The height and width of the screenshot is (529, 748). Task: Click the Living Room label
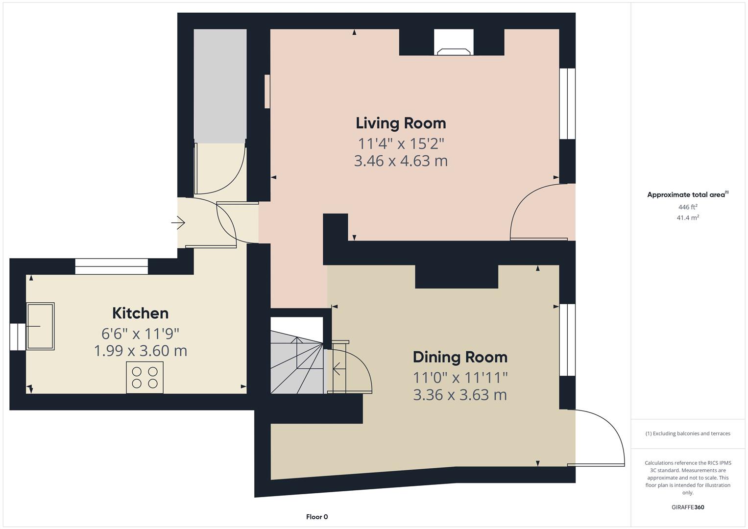401,123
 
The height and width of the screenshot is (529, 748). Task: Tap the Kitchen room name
140,313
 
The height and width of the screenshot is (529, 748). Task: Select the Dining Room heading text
459,357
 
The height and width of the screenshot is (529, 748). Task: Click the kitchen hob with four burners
145,377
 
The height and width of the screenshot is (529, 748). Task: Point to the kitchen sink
40,326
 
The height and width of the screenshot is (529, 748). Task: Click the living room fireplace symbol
454,49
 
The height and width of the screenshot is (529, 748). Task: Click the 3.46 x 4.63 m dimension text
401,161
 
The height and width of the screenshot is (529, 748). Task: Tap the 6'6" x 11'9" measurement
140,334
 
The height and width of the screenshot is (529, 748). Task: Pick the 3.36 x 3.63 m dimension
459,395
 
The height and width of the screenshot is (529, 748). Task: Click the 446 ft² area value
687,207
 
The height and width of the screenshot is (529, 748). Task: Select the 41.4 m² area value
687,217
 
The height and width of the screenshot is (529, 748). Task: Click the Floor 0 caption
316,517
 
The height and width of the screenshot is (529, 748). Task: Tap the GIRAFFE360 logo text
687,507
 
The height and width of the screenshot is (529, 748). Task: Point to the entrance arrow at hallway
178,223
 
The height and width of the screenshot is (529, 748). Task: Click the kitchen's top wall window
111,266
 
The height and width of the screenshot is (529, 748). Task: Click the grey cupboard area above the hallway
220,86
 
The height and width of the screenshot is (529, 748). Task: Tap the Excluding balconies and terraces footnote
687,433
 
